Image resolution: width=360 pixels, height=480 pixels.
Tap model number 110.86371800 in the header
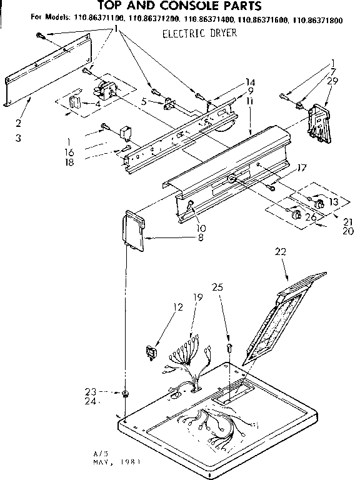[319, 19]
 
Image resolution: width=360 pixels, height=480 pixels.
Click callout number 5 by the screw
[144, 101]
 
